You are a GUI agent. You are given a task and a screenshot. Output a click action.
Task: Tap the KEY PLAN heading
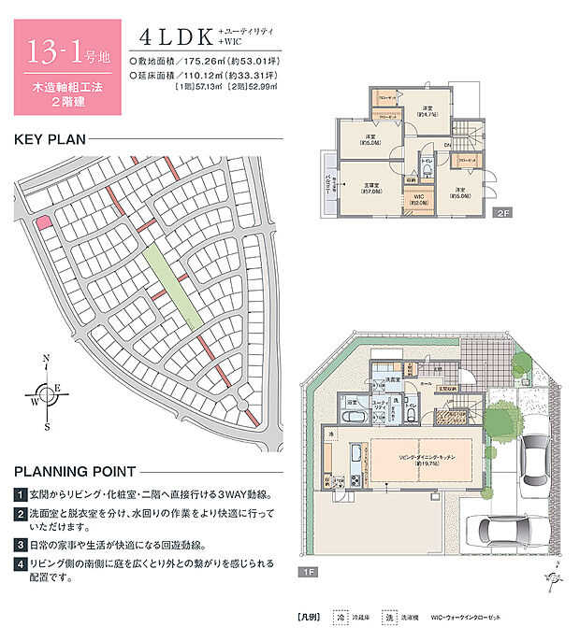[x=49, y=140]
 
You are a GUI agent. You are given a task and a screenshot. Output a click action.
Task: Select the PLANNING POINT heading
[x=75, y=471]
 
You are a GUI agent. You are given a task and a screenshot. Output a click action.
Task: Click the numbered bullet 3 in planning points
[x=20, y=543]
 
